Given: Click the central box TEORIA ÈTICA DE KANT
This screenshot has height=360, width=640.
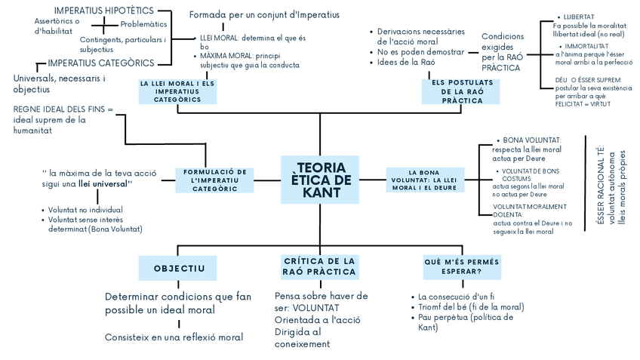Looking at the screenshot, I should pos(319,180).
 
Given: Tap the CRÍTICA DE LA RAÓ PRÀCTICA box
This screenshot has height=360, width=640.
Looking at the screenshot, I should pos(319,266).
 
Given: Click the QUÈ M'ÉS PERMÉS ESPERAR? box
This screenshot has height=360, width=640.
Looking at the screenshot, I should pos(463,266).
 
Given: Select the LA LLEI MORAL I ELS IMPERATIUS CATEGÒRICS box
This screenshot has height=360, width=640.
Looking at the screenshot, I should pos(177,91).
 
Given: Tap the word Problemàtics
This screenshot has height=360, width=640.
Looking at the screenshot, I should pos(144,24).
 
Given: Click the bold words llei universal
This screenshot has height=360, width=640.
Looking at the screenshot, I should pos(105,183).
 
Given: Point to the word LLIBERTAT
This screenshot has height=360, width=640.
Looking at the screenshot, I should pos(579,17).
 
